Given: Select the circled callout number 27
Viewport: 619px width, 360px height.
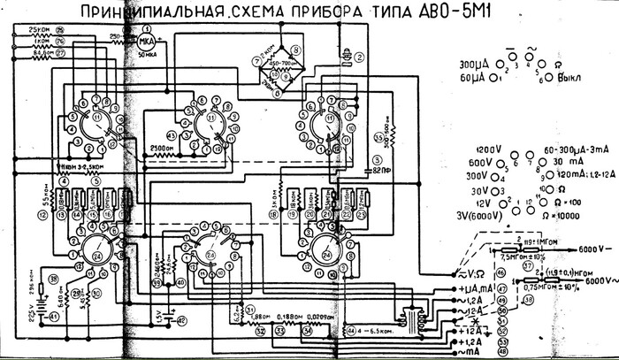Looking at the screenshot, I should click(x=61, y=53).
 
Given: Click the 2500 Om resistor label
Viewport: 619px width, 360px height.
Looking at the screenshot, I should click(x=163, y=148).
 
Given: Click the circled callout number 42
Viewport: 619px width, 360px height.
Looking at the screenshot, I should click(x=182, y=321).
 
